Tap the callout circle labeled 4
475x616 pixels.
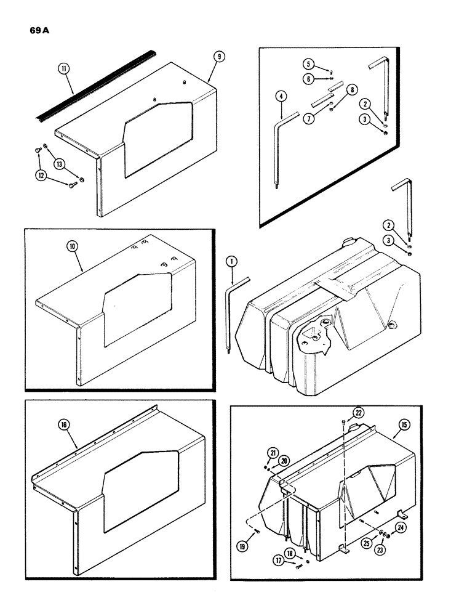pyautogui.click(x=281, y=96)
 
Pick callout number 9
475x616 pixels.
pyautogui.click(x=218, y=57)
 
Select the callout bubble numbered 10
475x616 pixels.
pyautogui.click(x=73, y=248)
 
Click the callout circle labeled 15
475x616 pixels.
pyautogui.click(x=405, y=425)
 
